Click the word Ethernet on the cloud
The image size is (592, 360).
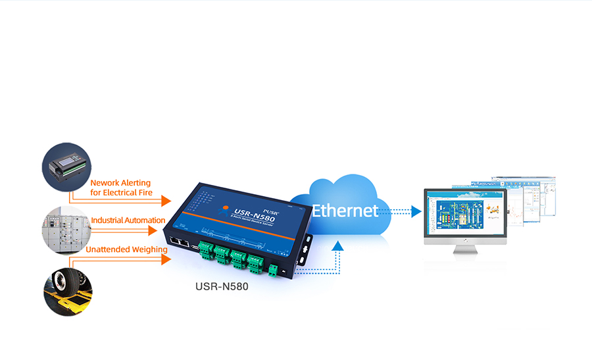coord(345,211)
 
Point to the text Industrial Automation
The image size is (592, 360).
coord(128,220)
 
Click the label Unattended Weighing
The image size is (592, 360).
coord(126,249)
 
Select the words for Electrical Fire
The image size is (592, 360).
coord(122,193)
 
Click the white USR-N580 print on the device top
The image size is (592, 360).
coord(254,214)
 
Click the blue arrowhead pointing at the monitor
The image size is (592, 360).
coord(416,211)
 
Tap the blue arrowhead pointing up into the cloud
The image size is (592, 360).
coord(338,246)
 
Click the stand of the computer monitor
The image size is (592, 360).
coord(466,248)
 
